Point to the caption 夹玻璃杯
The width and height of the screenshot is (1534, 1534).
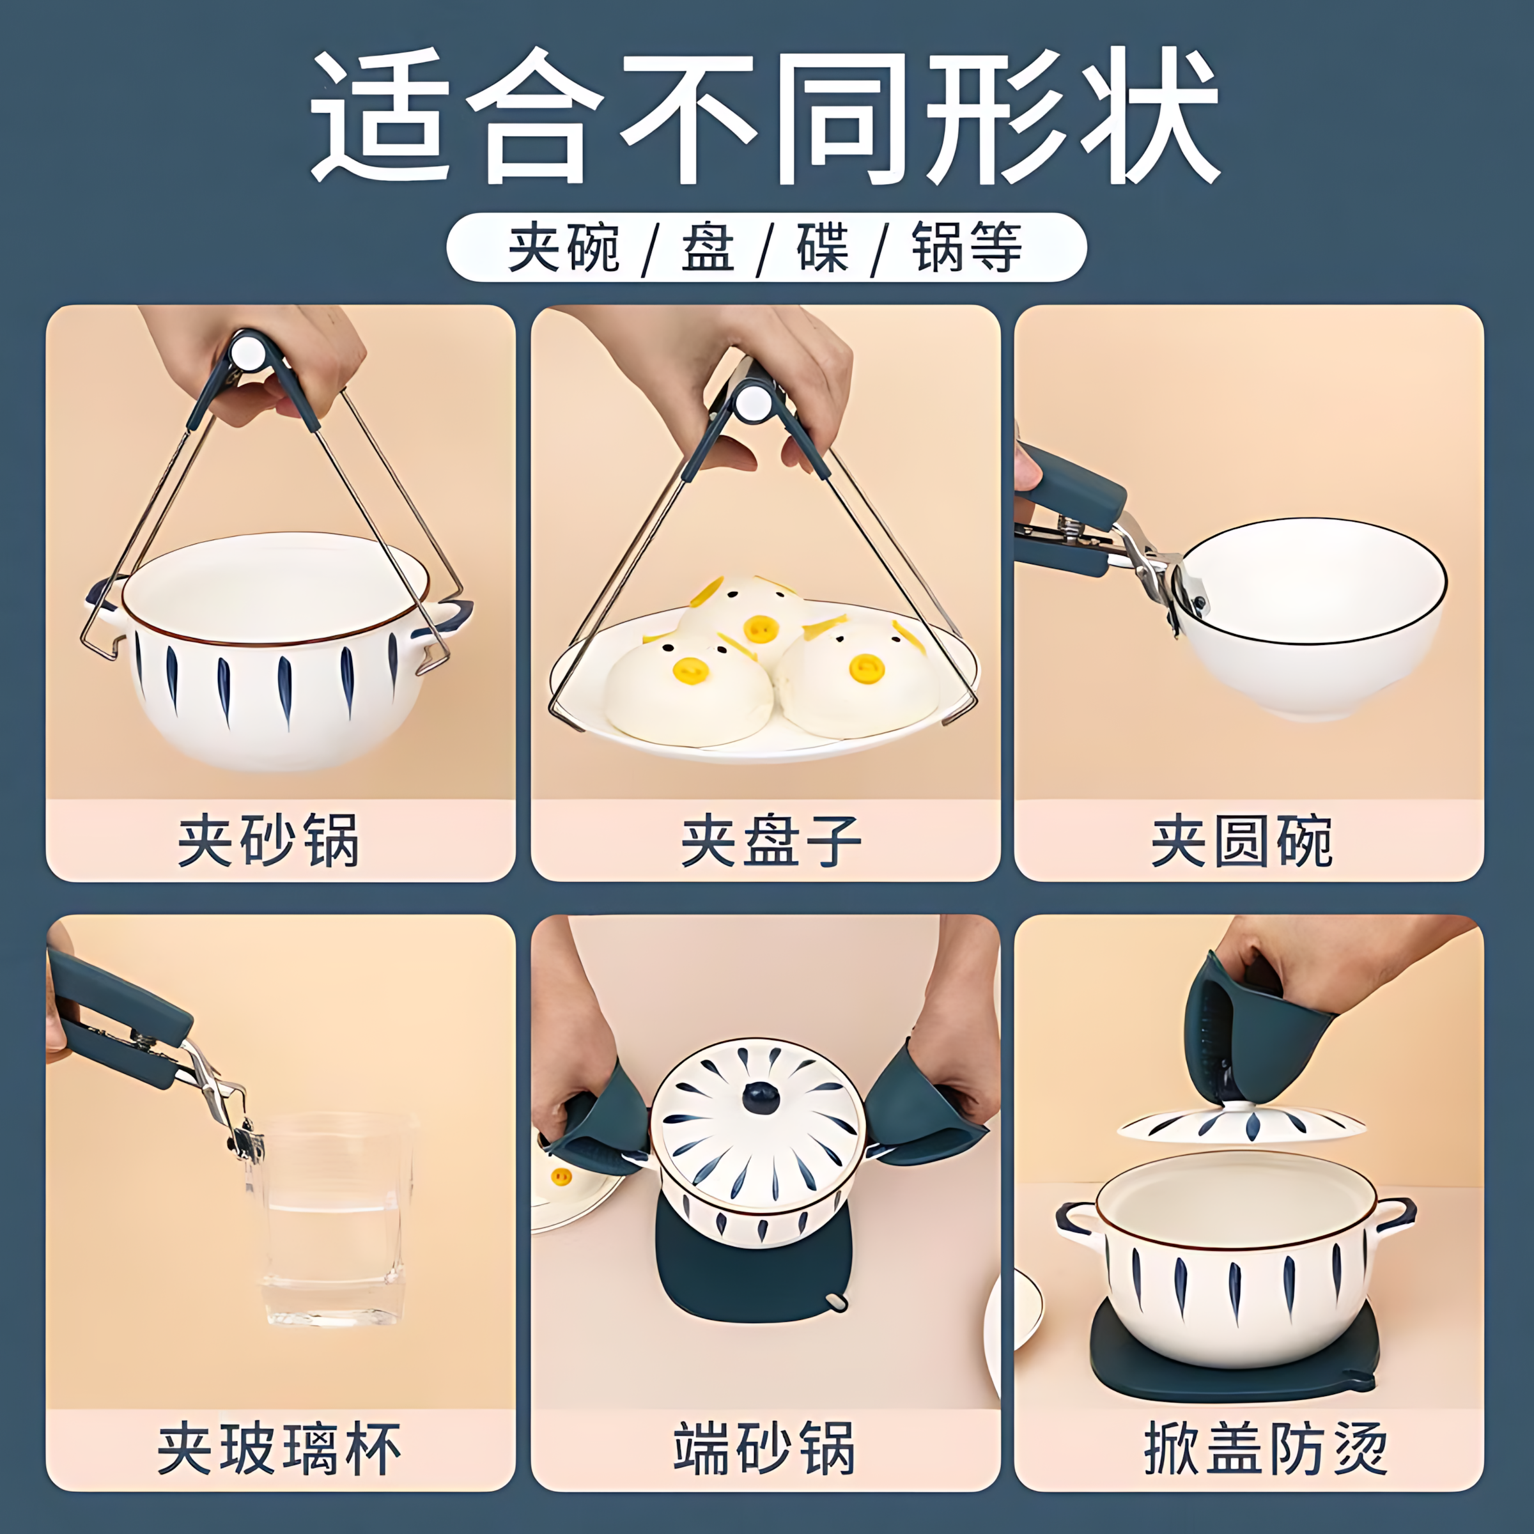[279, 1449]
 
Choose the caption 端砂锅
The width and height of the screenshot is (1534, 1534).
[764, 1449]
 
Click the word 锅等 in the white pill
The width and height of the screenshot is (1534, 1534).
[968, 247]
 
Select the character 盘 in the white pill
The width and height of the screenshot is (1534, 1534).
[707, 247]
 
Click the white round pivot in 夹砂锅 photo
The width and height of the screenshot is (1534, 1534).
[249, 351]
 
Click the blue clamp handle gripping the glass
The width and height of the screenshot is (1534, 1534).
[119, 1024]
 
